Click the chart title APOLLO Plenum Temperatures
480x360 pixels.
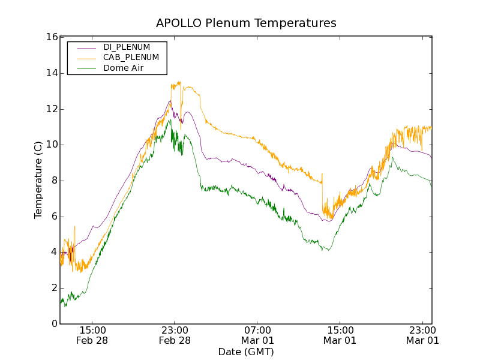tap(246, 23)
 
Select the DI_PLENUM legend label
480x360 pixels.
tap(127, 47)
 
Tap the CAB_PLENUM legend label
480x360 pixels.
tap(131, 58)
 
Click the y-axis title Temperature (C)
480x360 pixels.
tap(38, 180)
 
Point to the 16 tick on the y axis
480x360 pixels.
tap(52, 37)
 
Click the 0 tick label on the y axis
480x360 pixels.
tap(55, 324)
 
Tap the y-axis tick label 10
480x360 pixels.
tap(52, 145)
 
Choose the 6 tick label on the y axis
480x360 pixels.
tap(55, 217)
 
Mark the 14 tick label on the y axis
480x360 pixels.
tap(52, 73)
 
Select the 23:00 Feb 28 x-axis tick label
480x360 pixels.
tap(175, 335)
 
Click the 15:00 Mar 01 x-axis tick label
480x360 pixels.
tap(340, 335)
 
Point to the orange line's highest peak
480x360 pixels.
tap(179, 82)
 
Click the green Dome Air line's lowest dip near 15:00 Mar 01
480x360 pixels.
tap(322, 250)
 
